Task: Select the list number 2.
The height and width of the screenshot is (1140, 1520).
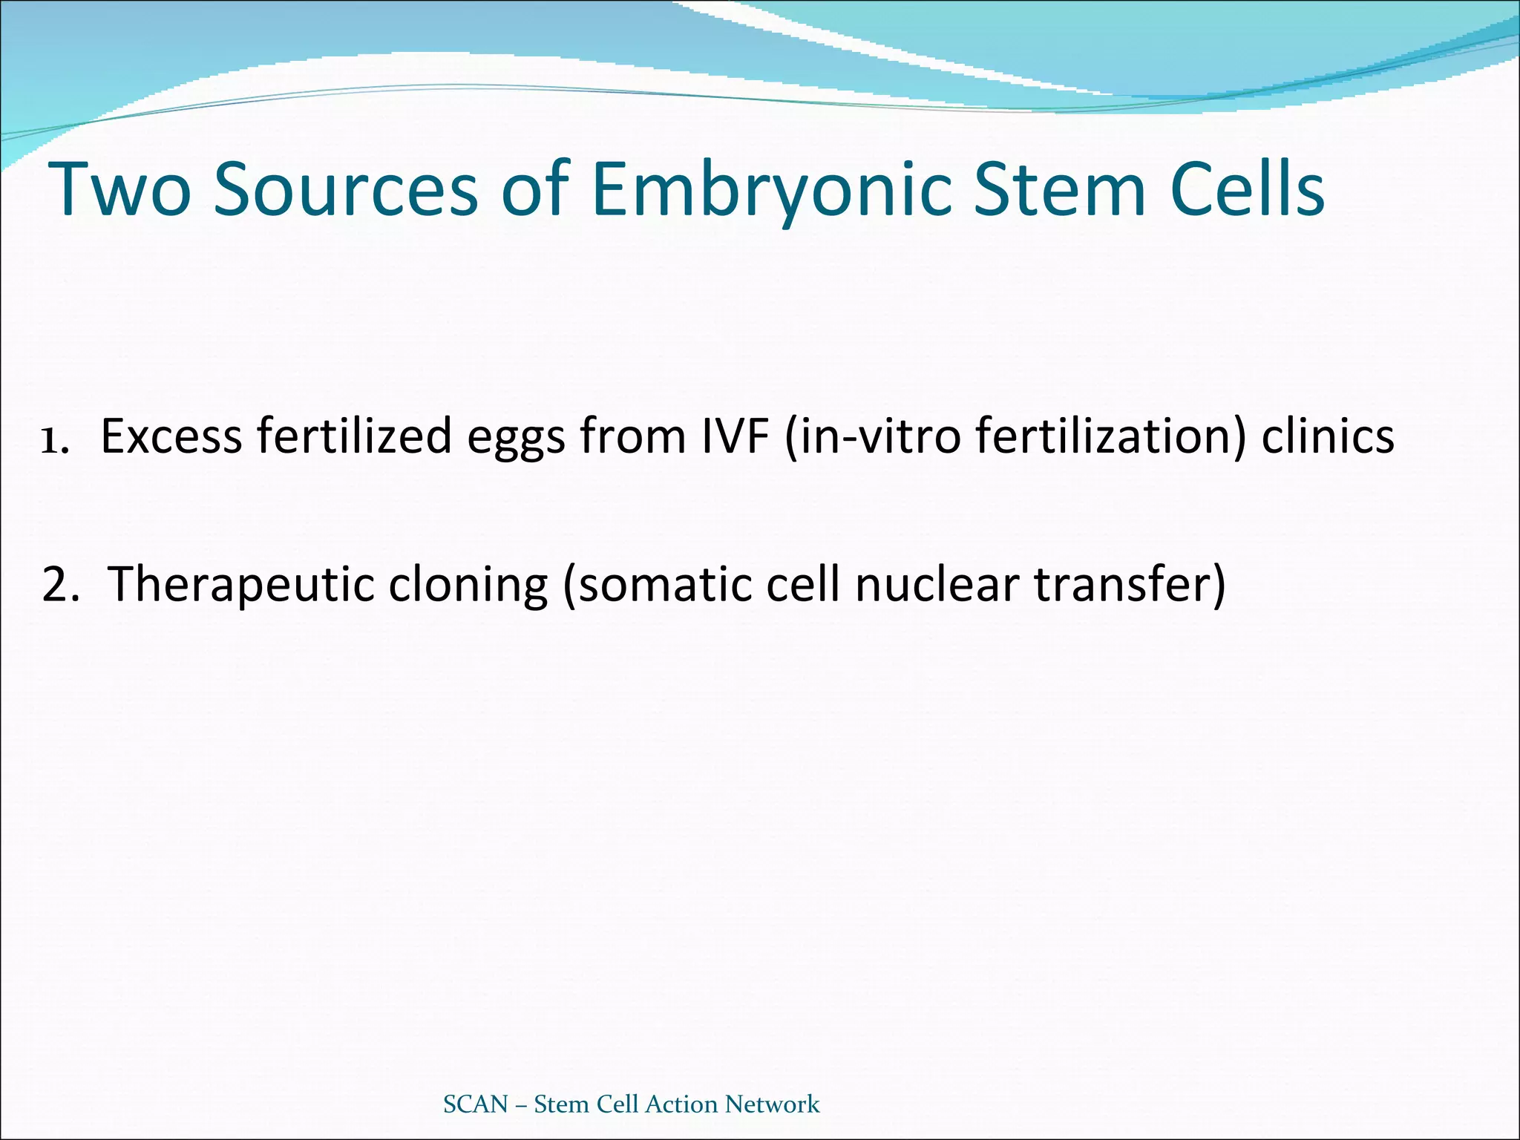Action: [x=59, y=584]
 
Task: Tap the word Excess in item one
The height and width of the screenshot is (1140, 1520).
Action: [x=171, y=436]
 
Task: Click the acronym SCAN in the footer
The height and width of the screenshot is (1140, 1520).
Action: [x=476, y=1104]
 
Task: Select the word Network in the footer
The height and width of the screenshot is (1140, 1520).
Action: [x=773, y=1104]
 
